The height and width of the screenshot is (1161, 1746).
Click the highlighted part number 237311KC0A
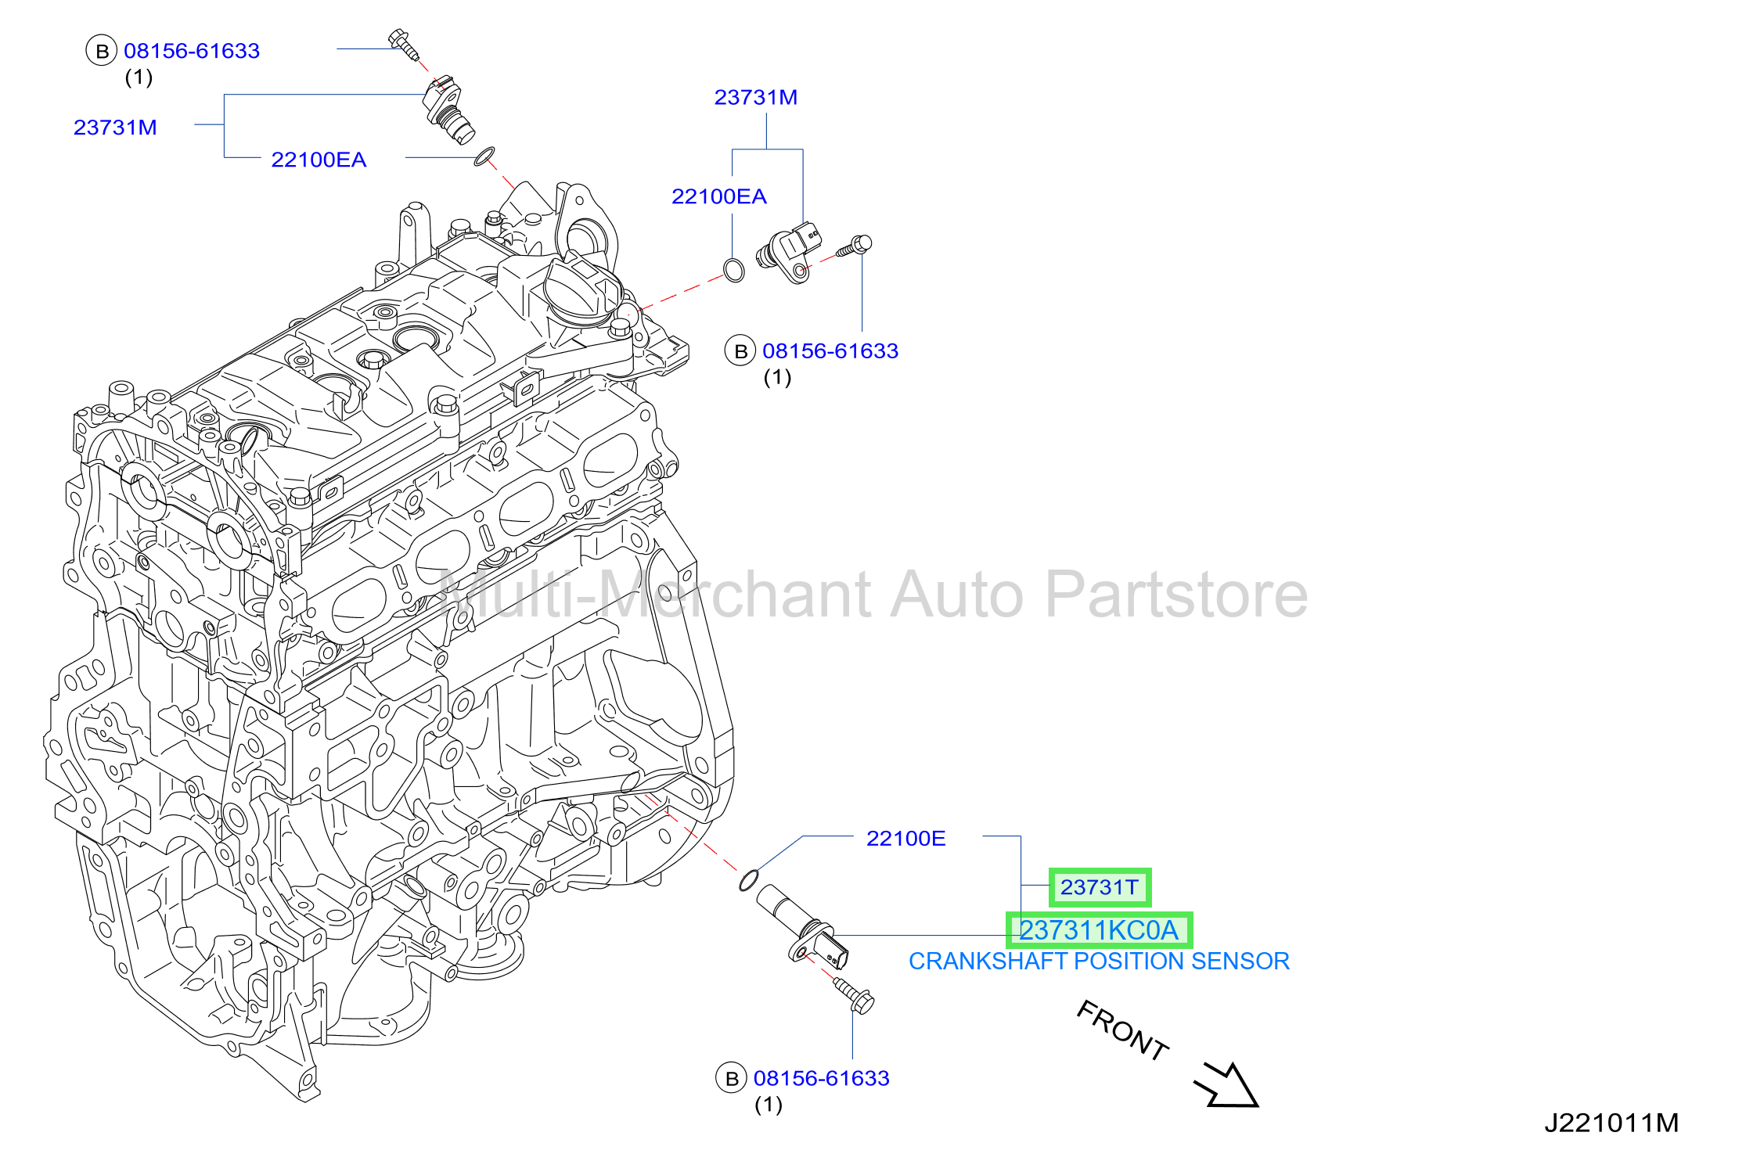click(1099, 930)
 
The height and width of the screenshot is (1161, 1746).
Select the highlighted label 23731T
click(1100, 887)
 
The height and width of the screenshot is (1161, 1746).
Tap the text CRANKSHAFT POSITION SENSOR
click(1099, 961)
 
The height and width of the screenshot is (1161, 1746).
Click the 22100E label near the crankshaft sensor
click(905, 839)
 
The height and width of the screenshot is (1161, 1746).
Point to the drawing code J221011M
click(1611, 1123)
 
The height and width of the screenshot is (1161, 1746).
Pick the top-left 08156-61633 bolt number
click(192, 51)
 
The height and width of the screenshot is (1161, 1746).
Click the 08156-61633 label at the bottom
click(821, 1078)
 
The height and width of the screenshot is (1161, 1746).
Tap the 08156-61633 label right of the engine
click(830, 351)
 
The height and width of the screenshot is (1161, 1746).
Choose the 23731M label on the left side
click(115, 128)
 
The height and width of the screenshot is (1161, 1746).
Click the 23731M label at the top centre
click(755, 97)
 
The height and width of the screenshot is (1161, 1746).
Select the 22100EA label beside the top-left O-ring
click(319, 160)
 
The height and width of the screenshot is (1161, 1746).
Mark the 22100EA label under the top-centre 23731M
click(718, 196)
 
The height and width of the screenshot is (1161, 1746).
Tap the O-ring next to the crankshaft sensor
click(749, 880)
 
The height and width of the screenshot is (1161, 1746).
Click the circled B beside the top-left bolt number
click(101, 52)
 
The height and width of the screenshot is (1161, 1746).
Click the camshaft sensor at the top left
click(449, 110)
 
